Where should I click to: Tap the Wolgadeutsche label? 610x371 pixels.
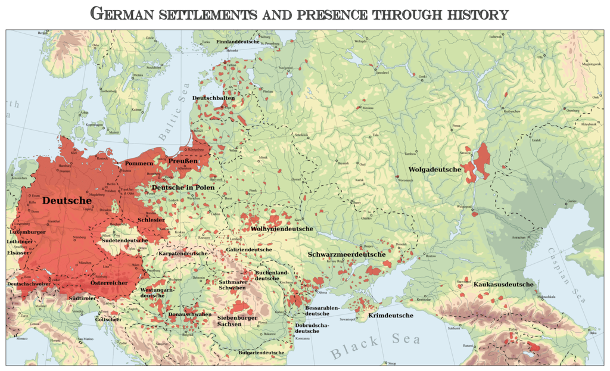point(434,170)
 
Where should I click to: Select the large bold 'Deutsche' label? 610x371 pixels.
point(67,201)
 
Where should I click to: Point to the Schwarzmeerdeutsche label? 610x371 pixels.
point(347,254)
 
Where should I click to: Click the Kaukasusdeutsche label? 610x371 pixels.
point(503,284)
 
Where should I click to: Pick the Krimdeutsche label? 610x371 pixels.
point(391,315)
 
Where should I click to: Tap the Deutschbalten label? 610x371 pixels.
point(213,97)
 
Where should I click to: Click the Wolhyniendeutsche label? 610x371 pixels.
point(282,229)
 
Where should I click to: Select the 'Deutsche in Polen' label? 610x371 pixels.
point(182,188)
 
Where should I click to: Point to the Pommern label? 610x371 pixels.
point(138,163)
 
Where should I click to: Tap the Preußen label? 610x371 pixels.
point(183,161)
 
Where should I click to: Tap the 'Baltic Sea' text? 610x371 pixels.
point(173,113)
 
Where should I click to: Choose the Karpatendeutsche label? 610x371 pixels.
point(183,254)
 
